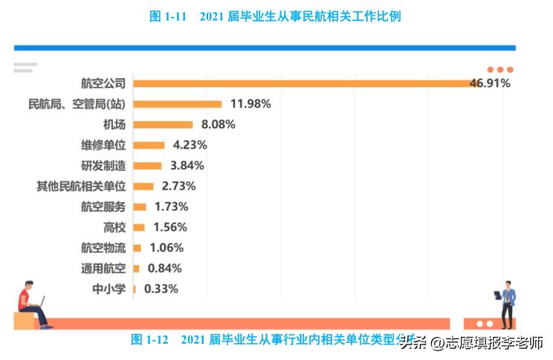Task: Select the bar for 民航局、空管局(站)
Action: (x=178, y=104)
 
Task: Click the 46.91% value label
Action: (x=490, y=83)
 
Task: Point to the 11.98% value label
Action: (x=250, y=104)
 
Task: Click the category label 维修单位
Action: (x=103, y=145)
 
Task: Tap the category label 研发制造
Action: (x=103, y=165)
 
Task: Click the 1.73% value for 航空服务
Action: (x=171, y=207)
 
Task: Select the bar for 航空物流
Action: (x=138, y=248)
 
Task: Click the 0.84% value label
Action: (x=164, y=269)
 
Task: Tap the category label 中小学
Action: (x=109, y=289)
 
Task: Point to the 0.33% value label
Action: (x=161, y=289)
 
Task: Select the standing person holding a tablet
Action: (x=508, y=303)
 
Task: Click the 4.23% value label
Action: (x=190, y=145)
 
